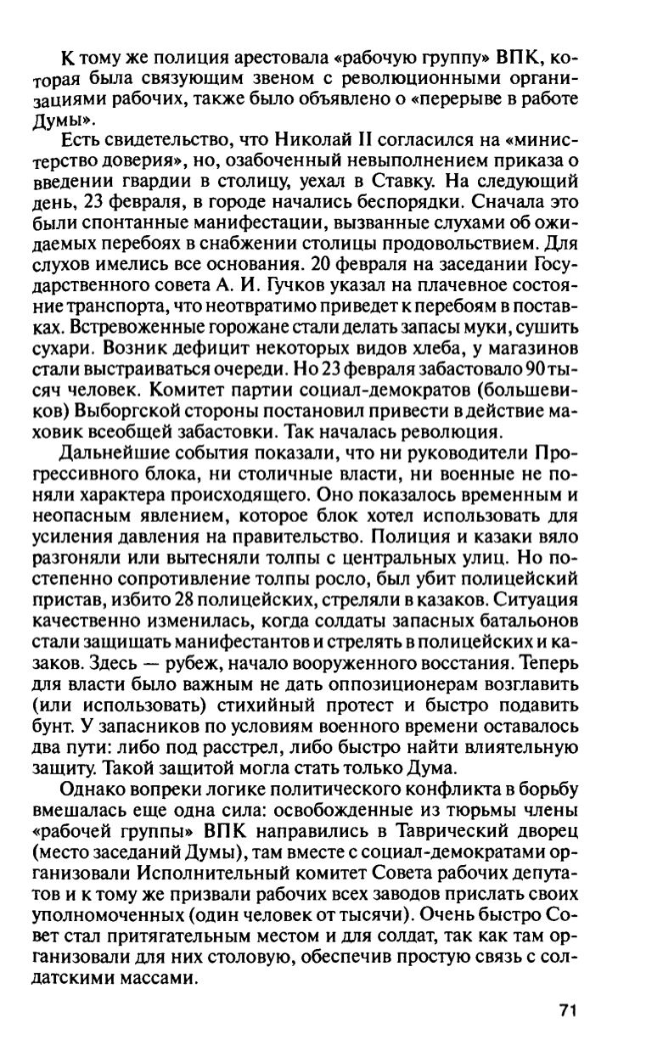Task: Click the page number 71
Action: pyautogui.click(x=568, y=1010)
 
